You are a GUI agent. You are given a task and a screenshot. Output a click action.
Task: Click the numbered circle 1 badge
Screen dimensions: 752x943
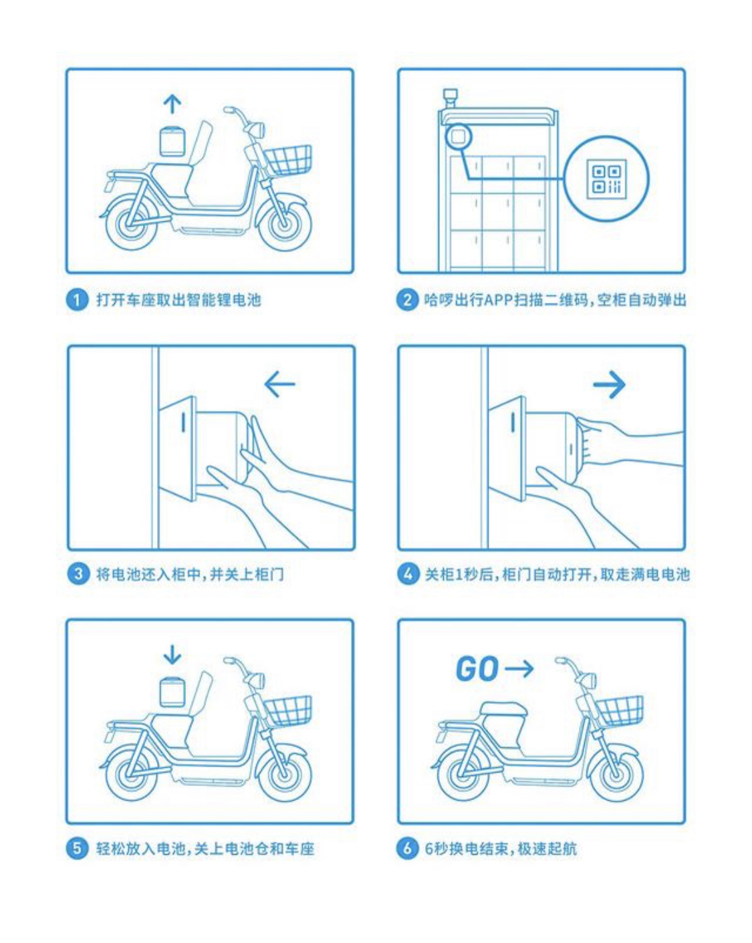(x=77, y=300)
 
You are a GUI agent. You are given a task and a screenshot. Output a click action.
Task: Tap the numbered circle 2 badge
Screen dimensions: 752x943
(x=407, y=300)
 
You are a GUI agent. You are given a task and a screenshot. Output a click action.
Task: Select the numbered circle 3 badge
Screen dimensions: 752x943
(x=78, y=573)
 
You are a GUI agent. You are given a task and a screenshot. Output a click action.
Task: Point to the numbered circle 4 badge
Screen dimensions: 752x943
(x=408, y=573)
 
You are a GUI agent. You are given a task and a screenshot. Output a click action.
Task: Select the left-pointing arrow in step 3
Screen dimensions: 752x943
(x=280, y=384)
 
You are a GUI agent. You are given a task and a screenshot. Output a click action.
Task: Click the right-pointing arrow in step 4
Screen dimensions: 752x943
(x=609, y=384)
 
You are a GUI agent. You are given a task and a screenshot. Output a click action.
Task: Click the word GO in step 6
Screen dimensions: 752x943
(x=477, y=669)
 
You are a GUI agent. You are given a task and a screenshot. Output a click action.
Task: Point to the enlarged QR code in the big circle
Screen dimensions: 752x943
(x=606, y=177)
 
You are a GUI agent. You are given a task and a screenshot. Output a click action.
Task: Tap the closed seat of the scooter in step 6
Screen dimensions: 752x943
(x=502, y=709)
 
